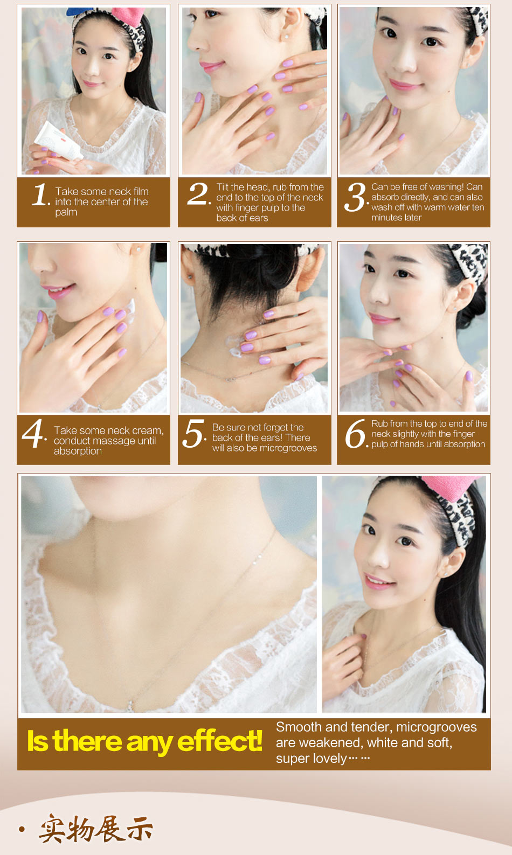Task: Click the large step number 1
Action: click(x=40, y=194)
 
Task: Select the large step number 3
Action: click(x=355, y=197)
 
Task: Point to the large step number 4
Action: click(x=33, y=433)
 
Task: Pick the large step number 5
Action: click(x=193, y=433)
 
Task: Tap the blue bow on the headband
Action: click(x=79, y=11)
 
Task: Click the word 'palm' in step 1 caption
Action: click(x=66, y=213)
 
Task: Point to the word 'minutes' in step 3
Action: click(x=386, y=218)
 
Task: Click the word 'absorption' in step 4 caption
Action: click(x=78, y=451)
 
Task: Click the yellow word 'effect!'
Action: click(x=219, y=741)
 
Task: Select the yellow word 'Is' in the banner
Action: click(x=37, y=741)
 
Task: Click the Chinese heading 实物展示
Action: click(x=96, y=829)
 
